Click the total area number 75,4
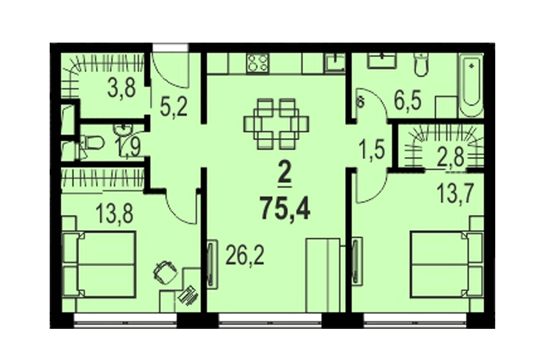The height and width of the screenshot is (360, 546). pyautogui.click(x=285, y=208)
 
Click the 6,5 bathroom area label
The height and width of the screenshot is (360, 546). pyautogui.click(x=408, y=100)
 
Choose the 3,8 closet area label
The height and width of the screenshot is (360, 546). pyautogui.click(x=122, y=87)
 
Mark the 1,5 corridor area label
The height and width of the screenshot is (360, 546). pyautogui.click(x=372, y=151)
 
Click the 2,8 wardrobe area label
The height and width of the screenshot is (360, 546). pyautogui.click(x=450, y=157)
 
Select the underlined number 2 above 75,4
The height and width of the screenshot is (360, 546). pyautogui.click(x=285, y=176)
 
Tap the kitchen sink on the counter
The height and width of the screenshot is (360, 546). pyautogui.click(x=335, y=63)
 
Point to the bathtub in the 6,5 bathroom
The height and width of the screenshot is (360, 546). pyautogui.click(x=471, y=85)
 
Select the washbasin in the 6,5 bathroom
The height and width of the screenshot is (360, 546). pyautogui.click(x=382, y=61)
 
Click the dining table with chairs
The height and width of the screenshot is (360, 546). pyautogui.click(x=276, y=124)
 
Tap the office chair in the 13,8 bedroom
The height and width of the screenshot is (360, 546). pyautogui.click(x=164, y=272)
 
